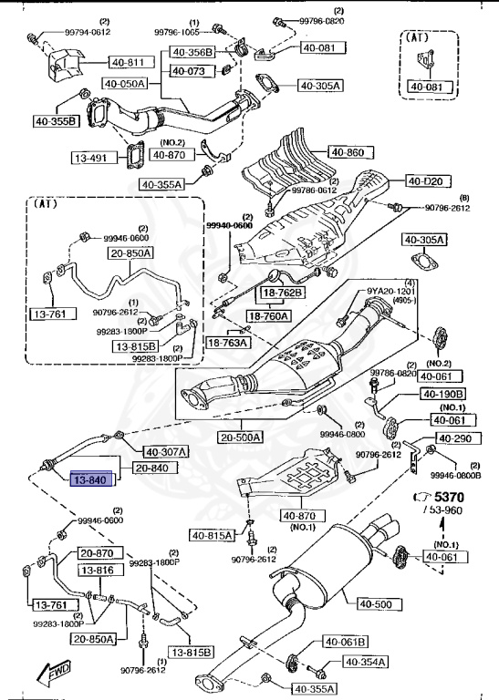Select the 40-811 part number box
point(129,63)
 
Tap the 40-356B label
point(192,52)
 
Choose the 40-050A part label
point(124,84)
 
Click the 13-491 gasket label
point(90,157)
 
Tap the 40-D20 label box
point(423,180)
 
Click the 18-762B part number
point(284,293)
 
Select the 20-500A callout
point(241,437)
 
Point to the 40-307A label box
point(165,450)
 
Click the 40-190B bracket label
point(442,394)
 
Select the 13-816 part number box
point(98,571)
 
